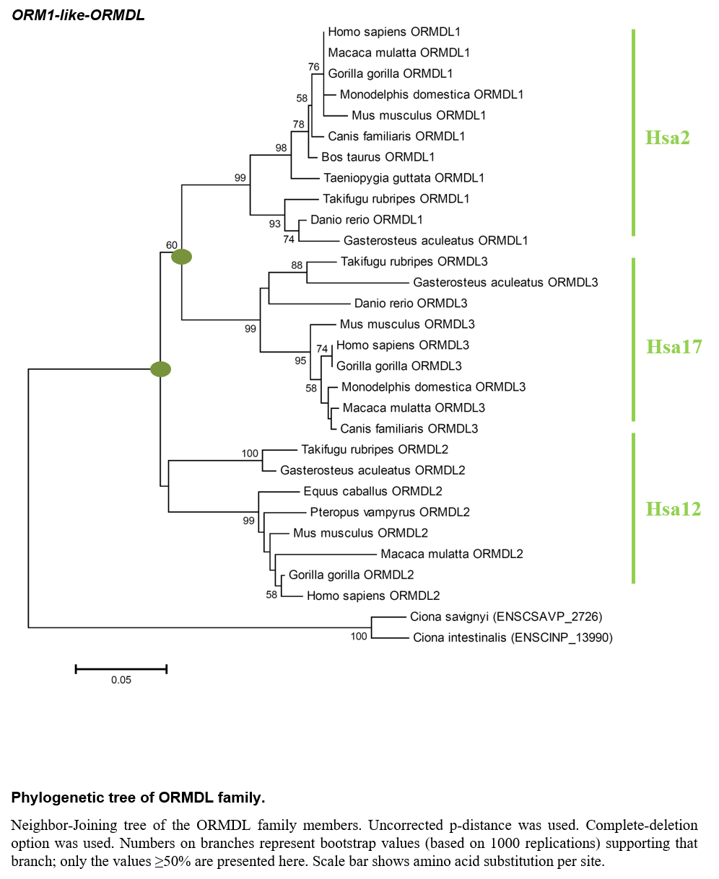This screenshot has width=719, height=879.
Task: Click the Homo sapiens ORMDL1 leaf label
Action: pyautogui.click(x=394, y=32)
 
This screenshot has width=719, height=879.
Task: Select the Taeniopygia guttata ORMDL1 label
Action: pyautogui.click(x=404, y=178)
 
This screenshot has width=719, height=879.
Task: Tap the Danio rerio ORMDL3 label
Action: pyautogui.click(x=411, y=303)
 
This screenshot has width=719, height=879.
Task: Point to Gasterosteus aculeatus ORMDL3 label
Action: pyautogui.click(x=505, y=282)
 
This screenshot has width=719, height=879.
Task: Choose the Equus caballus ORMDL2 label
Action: pyautogui.click(x=372, y=491)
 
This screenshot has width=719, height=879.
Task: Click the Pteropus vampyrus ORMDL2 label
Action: pyautogui.click(x=390, y=512)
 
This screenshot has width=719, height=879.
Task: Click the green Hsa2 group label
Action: pyautogui.click(x=667, y=138)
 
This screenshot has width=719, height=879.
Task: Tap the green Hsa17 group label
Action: pyautogui.click(x=674, y=347)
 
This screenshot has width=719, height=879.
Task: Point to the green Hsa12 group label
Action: pyautogui.click(x=674, y=509)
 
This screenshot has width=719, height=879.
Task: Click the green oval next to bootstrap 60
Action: pyautogui.click(x=181, y=257)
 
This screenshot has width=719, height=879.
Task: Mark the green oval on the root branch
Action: pyautogui.click(x=161, y=369)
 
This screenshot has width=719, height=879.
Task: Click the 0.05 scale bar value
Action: pyautogui.click(x=121, y=680)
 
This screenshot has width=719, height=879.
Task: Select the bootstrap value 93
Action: pyautogui.click(x=274, y=224)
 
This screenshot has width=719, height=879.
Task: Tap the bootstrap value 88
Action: pyautogui.click(x=297, y=265)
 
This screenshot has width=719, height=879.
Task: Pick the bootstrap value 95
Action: pyautogui.click(x=300, y=361)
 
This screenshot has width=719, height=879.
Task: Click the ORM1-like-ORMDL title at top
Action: pyautogui.click(x=79, y=15)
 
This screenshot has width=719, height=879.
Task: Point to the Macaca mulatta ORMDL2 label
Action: pyautogui.click(x=451, y=554)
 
